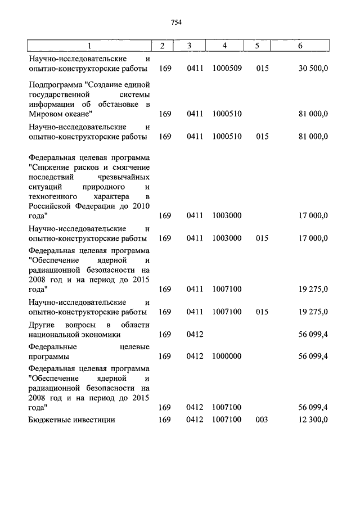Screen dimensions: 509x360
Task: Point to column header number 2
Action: coord(162,46)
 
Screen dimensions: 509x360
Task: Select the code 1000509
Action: coord(227,69)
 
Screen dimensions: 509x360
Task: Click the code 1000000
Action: coord(227,357)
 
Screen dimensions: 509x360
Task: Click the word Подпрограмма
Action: coord(54,84)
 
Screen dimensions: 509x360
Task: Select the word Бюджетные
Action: coord(49,420)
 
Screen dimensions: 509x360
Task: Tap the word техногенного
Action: coord(52,196)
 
